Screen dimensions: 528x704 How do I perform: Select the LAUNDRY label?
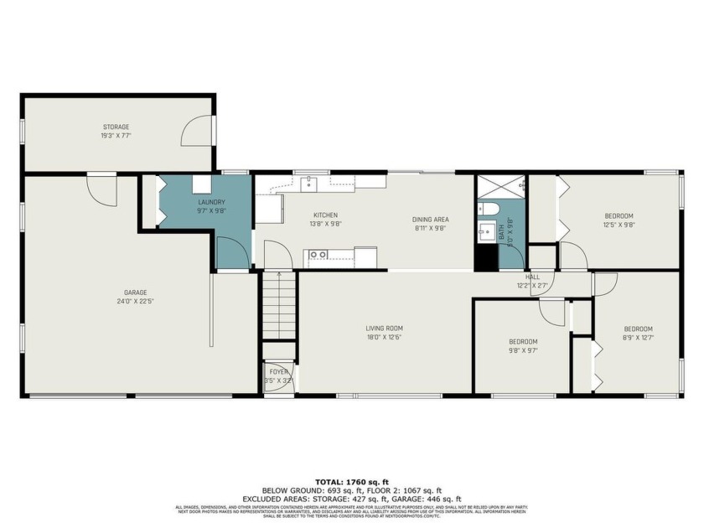click(x=210, y=202)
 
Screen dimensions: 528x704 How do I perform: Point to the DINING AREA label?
click(x=431, y=220)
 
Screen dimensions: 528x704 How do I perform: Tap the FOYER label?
click(x=278, y=371)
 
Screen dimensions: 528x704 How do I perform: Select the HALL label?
click(x=532, y=277)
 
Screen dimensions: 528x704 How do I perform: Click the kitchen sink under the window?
click(x=309, y=181)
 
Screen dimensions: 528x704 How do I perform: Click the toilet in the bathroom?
click(x=489, y=208)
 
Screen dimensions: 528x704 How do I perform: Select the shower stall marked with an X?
click(x=500, y=185)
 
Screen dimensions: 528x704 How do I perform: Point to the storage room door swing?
click(x=199, y=132)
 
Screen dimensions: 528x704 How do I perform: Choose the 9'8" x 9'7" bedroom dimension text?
click(x=523, y=351)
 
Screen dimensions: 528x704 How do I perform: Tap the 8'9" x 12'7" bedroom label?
click(x=638, y=329)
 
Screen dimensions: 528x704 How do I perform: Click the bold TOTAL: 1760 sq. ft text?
click(x=352, y=482)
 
